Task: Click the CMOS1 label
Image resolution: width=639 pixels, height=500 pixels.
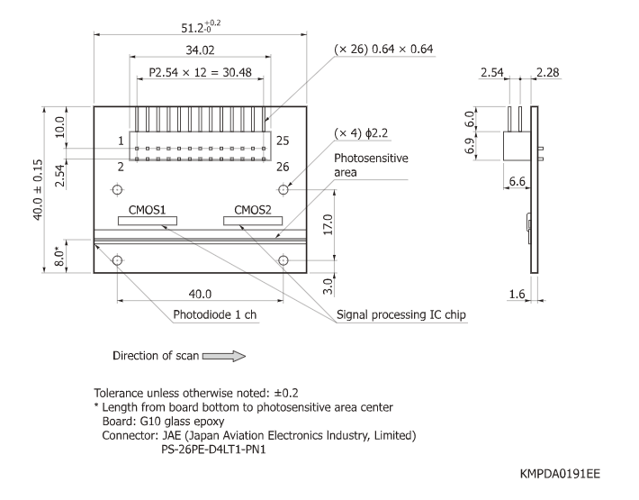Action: point(147,210)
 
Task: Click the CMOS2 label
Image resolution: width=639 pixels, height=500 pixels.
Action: point(253,210)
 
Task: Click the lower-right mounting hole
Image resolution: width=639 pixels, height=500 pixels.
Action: point(283,260)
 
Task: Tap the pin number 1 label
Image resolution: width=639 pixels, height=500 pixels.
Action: point(120,141)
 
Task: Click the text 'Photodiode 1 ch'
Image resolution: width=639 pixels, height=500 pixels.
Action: point(214,315)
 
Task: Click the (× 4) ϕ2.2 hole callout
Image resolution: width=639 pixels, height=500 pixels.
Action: point(361,132)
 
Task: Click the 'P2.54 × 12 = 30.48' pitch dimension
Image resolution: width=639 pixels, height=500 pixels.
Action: point(200,71)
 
